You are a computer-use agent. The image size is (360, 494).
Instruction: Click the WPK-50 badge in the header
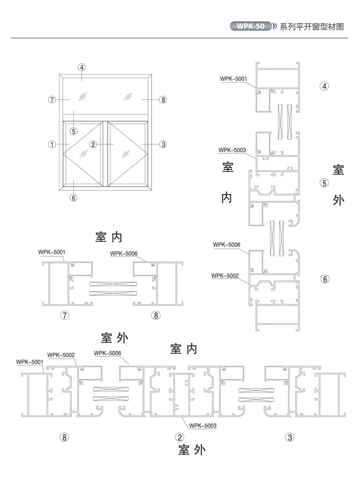point(251,26)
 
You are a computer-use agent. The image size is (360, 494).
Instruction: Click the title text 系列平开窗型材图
point(312,26)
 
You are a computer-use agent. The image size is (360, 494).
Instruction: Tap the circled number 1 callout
point(52,144)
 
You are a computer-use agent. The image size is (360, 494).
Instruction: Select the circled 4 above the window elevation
point(82,67)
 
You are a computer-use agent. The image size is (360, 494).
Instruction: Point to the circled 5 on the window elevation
point(73,131)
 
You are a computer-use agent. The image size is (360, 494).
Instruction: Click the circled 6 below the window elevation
point(73,197)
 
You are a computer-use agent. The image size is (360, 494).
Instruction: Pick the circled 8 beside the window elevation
point(163,100)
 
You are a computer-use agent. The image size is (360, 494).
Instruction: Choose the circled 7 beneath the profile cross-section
point(64,315)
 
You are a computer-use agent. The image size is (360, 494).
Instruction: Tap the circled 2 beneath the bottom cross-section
point(179,437)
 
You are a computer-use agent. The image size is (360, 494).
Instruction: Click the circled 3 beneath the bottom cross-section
point(290,437)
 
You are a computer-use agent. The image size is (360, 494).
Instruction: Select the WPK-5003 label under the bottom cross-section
point(203,426)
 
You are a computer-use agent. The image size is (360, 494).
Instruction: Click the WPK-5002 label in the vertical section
point(225,276)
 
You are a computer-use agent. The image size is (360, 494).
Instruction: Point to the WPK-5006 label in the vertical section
point(227,244)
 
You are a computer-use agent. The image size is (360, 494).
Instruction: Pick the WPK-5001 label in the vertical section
point(233,79)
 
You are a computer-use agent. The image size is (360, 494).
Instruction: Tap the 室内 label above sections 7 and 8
point(108,237)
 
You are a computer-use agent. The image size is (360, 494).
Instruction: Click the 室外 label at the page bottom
point(192,450)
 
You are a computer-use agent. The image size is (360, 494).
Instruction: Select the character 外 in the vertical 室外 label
point(339,199)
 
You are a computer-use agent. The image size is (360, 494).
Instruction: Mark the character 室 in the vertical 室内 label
point(228,167)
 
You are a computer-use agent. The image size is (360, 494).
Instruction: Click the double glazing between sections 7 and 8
point(113,289)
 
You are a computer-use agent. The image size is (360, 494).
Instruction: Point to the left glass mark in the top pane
point(82,96)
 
